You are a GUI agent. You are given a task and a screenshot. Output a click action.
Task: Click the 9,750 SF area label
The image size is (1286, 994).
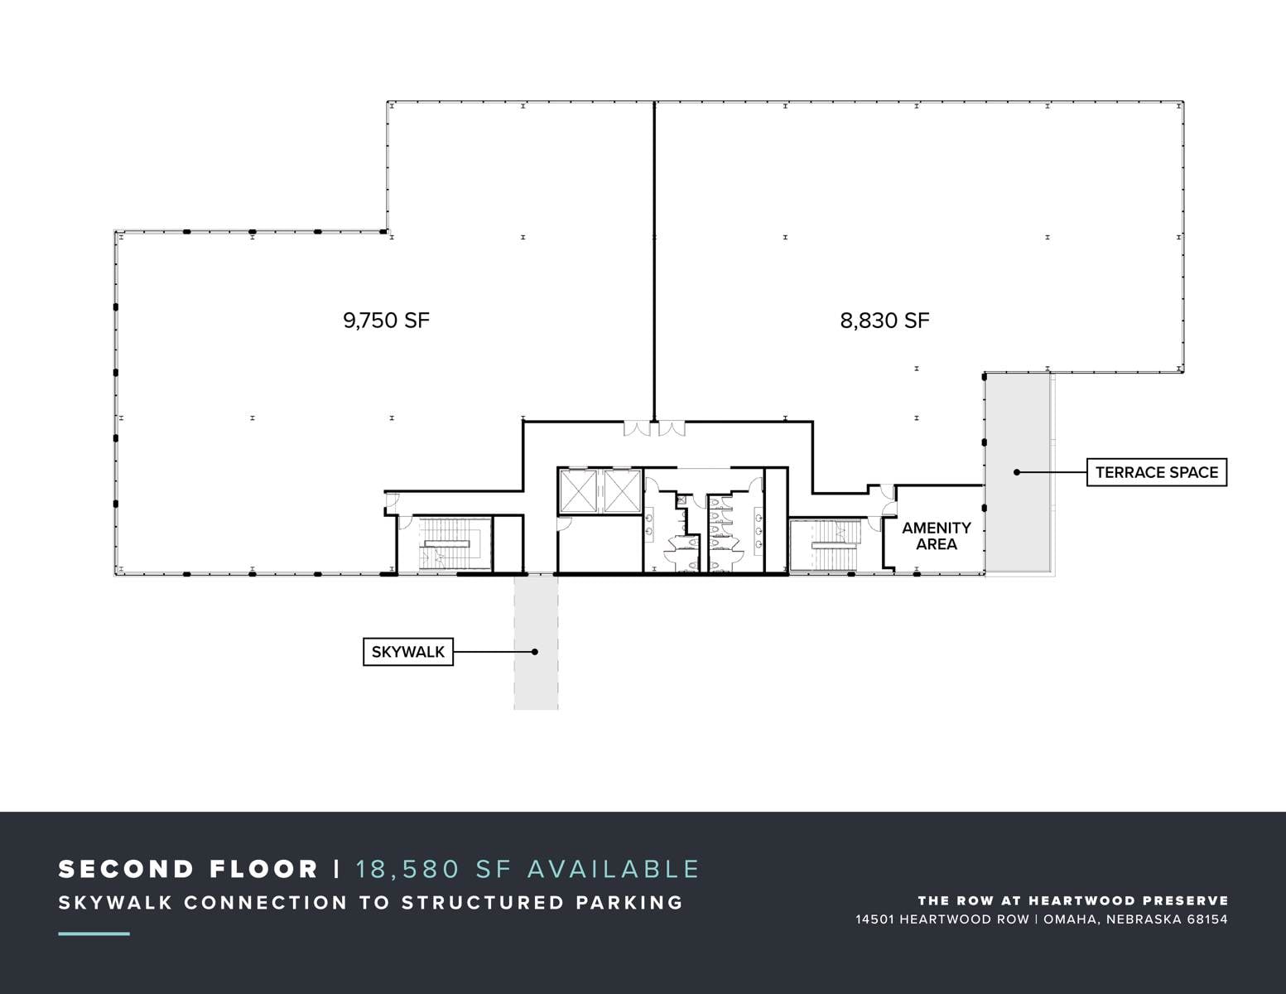click(386, 321)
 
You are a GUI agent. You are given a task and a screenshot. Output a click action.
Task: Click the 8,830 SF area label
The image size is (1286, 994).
click(884, 321)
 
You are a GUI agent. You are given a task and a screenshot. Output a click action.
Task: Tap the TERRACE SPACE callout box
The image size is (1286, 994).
click(1156, 472)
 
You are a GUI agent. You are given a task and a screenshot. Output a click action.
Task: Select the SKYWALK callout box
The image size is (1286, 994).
click(407, 652)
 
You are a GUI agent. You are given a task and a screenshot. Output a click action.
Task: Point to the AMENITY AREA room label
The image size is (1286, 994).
click(937, 536)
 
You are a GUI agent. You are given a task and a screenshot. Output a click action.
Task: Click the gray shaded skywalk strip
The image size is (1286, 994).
click(536, 642)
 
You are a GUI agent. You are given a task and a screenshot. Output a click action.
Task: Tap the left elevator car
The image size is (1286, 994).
click(578, 490)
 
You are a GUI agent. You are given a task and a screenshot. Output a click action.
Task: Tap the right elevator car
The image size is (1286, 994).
click(622, 490)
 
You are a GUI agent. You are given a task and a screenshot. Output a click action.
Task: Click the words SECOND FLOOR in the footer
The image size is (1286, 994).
click(188, 869)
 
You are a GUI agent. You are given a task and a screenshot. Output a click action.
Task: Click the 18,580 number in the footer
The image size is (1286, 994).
click(407, 869)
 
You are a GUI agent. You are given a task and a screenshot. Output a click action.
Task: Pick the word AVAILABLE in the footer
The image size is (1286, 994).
click(613, 869)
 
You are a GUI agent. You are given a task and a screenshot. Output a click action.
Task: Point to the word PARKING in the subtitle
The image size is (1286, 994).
click(629, 903)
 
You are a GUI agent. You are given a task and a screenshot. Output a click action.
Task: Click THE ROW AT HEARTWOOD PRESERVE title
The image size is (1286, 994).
click(1073, 900)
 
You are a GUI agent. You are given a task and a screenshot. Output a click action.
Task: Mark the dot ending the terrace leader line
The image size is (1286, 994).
click(1017, 472)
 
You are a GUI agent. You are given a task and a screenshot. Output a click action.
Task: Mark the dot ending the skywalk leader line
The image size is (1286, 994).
click(534, 652)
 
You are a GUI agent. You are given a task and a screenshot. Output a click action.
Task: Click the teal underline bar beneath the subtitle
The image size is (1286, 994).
click(94, 934)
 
